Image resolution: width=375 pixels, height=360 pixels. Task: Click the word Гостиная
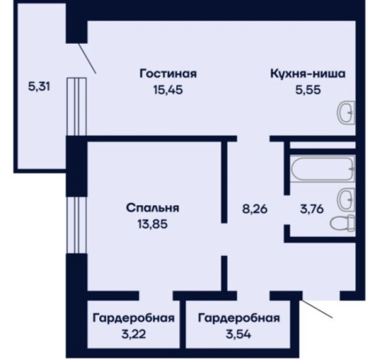click(168, 74)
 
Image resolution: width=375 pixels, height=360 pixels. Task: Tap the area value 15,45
click(168, 88)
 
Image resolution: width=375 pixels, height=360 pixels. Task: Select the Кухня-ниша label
click(307, 74)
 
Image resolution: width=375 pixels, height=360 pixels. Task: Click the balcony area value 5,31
click(38, 86)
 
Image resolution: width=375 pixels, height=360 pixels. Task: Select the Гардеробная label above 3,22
click(133, 317)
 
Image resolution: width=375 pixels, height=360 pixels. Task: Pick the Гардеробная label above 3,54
click(238, 317)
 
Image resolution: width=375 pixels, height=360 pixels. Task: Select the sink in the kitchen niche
click(346, 114)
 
